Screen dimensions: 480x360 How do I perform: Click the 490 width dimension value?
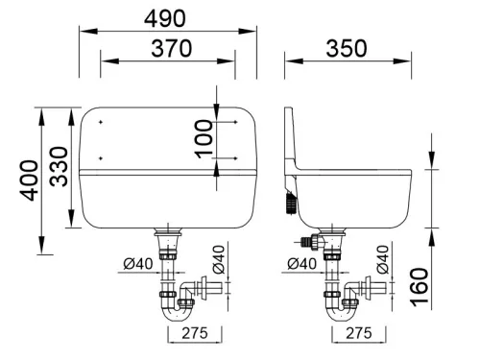point(164,18)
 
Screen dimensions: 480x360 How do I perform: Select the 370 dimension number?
point(172,48)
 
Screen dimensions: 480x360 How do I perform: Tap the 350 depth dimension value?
point(347,48)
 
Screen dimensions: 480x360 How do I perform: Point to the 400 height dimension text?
point(29,180)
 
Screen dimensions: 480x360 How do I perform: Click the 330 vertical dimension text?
point(60,166)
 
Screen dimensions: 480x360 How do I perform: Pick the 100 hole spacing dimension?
point(204,138)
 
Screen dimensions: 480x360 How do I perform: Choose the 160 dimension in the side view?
point(420,287)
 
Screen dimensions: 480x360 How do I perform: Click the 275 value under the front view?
point(195,333)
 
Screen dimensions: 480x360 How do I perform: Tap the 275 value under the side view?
point(359,333)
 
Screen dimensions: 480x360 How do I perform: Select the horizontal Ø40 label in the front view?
point(138,264)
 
